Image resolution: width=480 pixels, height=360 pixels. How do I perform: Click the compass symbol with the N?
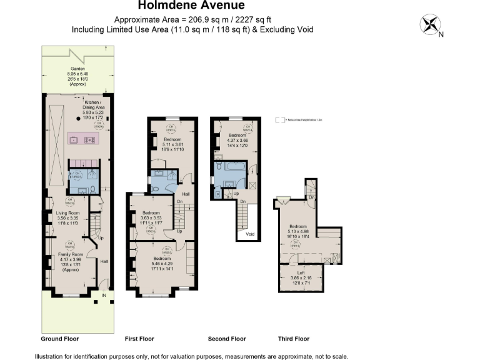tap(430, 25)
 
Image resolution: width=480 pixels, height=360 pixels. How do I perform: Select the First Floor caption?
tap(139, 339)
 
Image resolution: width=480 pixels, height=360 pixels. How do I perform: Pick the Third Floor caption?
tap(294, 339)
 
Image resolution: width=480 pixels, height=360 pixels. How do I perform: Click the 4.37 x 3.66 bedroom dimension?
tap(237, 140)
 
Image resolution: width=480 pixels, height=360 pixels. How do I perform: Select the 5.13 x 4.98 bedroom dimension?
tap(298, 231)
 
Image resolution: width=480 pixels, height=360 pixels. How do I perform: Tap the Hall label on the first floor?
tap(186, 194)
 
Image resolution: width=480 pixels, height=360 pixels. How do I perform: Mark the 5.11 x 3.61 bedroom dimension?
tap(172, 144)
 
